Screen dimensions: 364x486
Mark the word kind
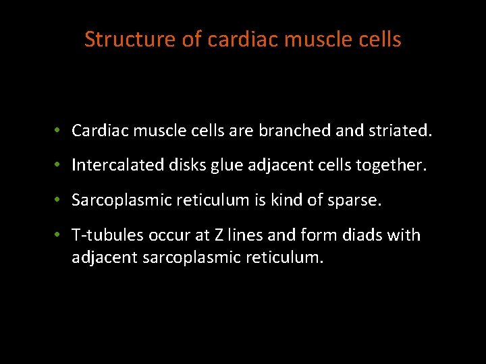[x=292, y=200]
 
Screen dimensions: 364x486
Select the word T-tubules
[x=108, y=235]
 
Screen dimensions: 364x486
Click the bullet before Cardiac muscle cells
[x=59, y=130]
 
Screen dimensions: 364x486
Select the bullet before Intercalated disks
[x=59, y=165]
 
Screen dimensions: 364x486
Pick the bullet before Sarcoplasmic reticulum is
[x=59, y=200]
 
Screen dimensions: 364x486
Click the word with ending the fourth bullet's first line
[x=404, y=235]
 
